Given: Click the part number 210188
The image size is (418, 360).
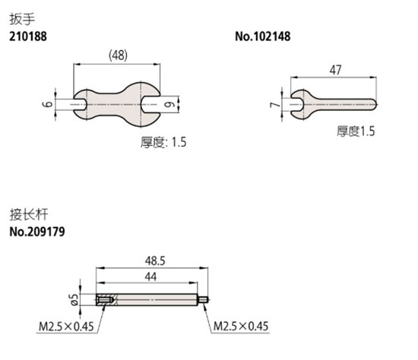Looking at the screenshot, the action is pos(28,36).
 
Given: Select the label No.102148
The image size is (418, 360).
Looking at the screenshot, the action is pos(263,36).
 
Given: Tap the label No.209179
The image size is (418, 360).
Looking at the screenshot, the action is pos(37,232).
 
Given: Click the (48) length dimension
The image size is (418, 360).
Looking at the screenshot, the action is pos(118,55).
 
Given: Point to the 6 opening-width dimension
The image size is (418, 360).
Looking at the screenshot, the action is pos(48,103).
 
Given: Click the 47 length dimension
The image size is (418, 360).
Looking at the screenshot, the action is pos(335,70).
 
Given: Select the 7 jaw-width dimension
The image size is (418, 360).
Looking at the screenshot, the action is pos(275,105).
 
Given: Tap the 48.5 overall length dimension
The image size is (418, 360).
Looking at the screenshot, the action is pos(155,261).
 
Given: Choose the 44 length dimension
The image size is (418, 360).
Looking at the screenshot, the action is pos(150,277).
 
